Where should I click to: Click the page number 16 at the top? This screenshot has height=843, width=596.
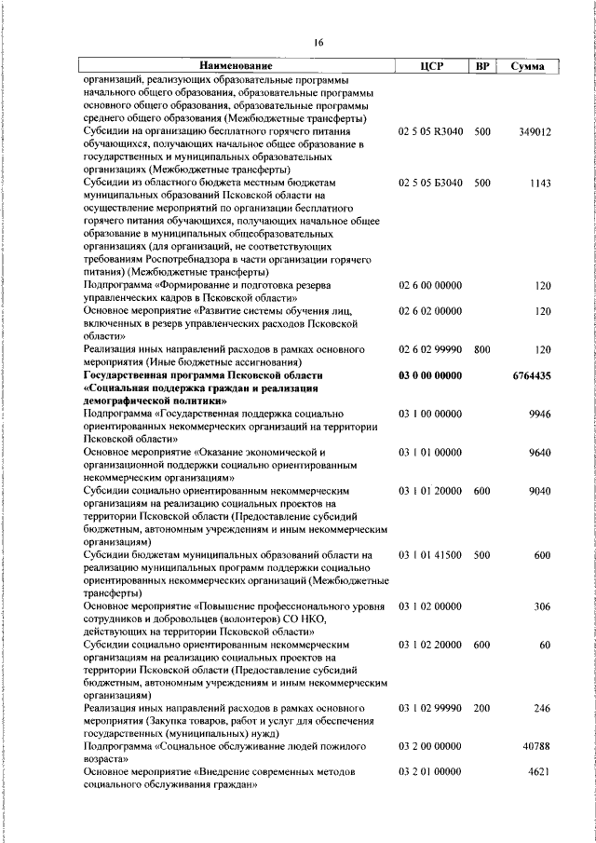[x=318, y=43]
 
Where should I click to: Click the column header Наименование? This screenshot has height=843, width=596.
[x=235, y=66]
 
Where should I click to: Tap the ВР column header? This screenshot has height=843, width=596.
[x=481, y=66]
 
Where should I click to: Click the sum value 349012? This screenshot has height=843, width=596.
[x=535, y=132]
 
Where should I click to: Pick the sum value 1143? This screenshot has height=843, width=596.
[x=540, y=184]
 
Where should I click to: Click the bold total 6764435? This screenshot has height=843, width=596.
[x=532, y=375]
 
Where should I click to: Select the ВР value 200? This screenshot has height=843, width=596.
[x=481, y=709]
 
